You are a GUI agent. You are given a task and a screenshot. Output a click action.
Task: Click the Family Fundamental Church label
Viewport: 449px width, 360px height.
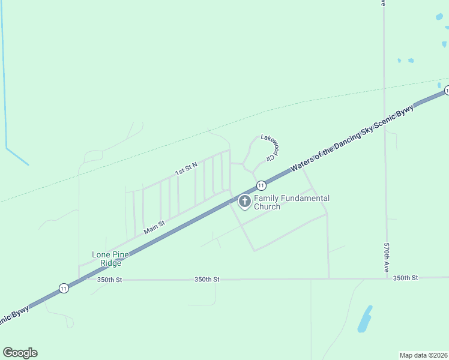292,202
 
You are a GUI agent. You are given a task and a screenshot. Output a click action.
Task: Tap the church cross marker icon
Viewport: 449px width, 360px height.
245,202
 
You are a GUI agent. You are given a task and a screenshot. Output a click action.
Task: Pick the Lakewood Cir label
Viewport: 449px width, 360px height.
271,147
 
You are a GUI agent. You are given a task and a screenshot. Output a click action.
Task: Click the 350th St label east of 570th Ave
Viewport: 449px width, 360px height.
406,278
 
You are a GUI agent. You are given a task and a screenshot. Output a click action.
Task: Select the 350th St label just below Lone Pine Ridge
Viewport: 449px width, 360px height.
109,280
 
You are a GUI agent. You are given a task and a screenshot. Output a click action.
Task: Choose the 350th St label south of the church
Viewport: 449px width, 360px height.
207,280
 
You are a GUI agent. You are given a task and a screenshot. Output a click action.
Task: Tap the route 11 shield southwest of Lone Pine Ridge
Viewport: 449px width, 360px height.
64,288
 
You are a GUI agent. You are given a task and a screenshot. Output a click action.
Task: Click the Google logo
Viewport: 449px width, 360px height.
20,353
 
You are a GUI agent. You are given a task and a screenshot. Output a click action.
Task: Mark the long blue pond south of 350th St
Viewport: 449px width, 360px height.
364,319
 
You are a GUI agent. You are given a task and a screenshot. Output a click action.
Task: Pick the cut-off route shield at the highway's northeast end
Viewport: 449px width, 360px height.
447,90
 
